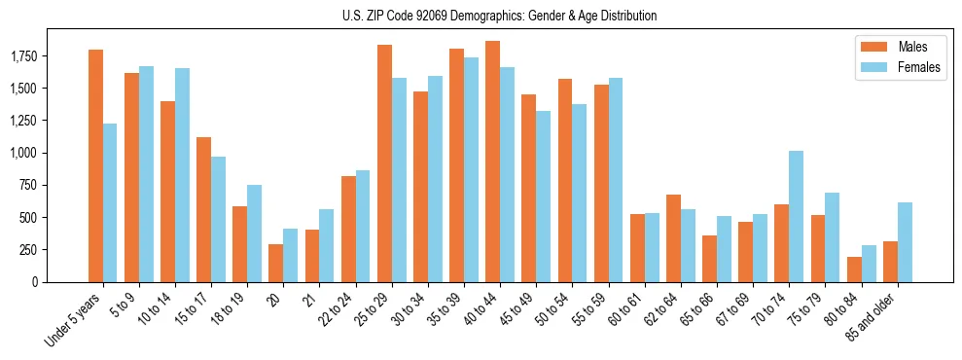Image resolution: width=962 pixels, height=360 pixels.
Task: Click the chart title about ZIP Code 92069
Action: coord(500,16)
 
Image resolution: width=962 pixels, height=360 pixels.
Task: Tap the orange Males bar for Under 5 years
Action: coord(95,165)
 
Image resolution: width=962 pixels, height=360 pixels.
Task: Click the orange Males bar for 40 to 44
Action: coord(493,162)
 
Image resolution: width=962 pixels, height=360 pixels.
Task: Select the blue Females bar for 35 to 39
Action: coord(471,169)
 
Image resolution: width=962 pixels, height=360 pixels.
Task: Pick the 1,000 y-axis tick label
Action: coord(50,154)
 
